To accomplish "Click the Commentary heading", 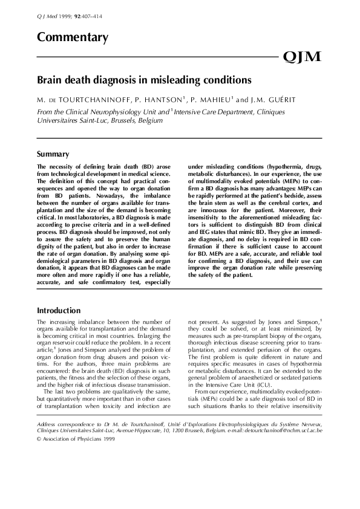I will [73, 37].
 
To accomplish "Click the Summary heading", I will [53, 154].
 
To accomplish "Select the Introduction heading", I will [59, 310].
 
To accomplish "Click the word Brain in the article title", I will [50, 80].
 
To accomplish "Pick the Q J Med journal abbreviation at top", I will [45, 16].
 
